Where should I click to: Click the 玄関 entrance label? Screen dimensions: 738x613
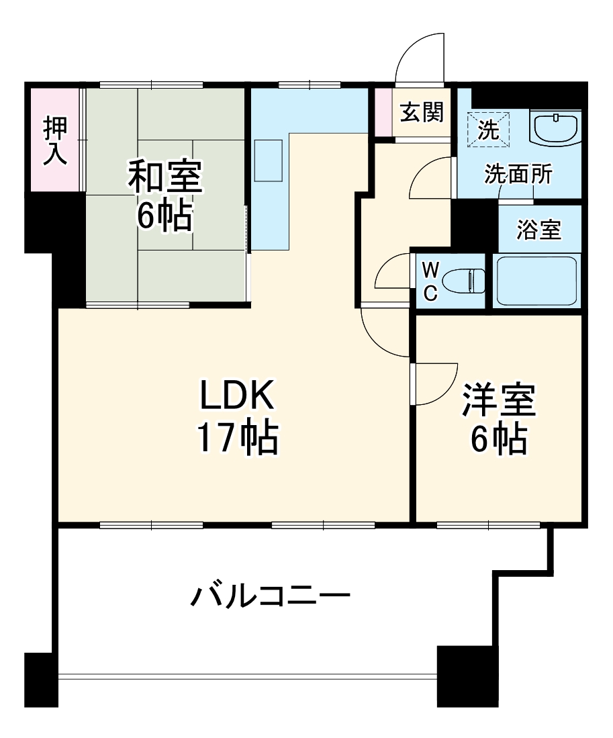pyautogui.click(x=422, y=111)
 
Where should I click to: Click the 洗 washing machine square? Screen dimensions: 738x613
pyautogui.click(x=489, y=128)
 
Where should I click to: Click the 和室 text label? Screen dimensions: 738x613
pyautogui.click(x=164, y=177)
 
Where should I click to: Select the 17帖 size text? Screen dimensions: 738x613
pyautogui.click(x=236, y=438)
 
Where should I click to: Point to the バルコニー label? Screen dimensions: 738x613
pyautogui.click(x=271, y=596)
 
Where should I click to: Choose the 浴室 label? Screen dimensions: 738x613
pyautogui.click(x=538, y=230)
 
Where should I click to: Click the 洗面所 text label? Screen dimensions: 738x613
pyautogui.click(x=518, y=175)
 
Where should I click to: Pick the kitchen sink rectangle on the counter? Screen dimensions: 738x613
pyautogui.click(x=269, y=160)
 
